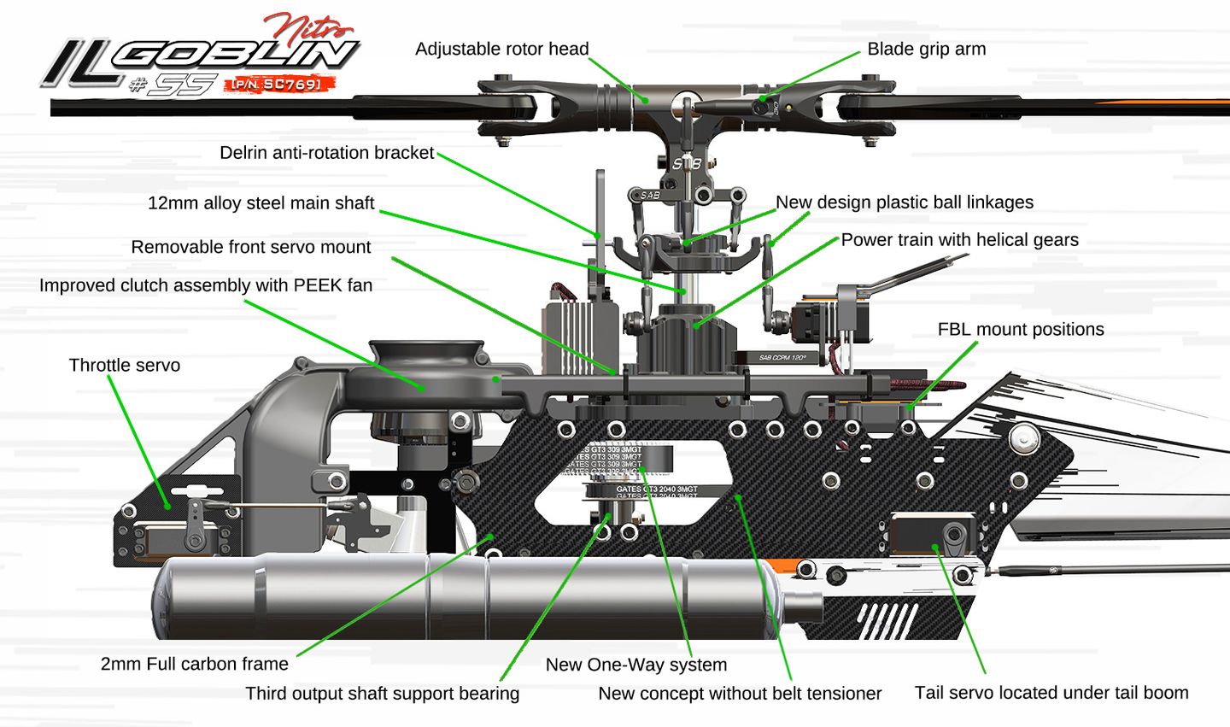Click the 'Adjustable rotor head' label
click(501, 49)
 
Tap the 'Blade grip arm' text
click(926, 49)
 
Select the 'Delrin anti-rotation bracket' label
click(327, 153)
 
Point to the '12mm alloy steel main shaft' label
click(261, 203)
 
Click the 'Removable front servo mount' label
click(251, 247)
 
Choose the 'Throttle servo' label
click(125, 366)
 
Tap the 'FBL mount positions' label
click(1020, 330)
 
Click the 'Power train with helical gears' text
click(959, 240)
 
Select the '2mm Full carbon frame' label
click(195, 664)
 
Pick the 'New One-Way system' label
click(636, 665)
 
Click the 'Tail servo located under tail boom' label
click(1051, 693)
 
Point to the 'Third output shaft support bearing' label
click(382, 694)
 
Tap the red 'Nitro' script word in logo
click(299, 26)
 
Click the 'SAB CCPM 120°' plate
click(776, 358)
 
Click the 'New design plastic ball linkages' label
click(904, 202)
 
